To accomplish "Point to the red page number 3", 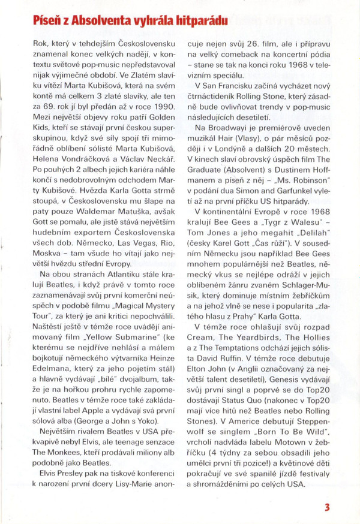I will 327,507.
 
